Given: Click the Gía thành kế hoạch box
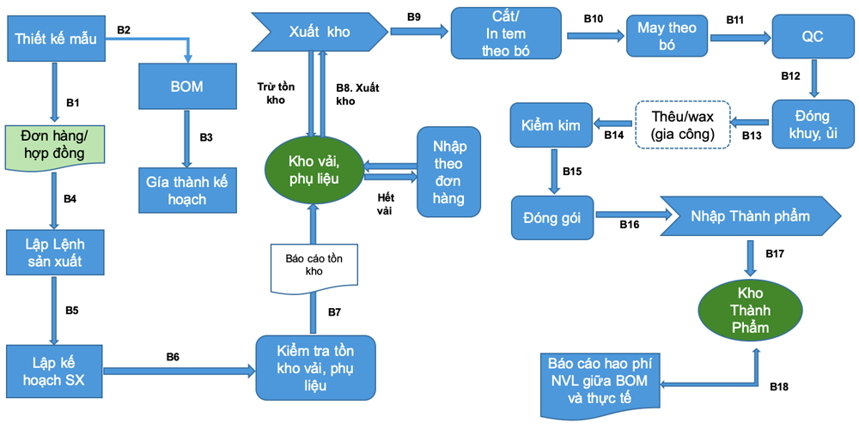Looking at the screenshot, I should [x=186, y=188].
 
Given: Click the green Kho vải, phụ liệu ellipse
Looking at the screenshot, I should [x=314, y=170].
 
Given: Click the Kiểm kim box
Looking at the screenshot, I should [x=551, y=124].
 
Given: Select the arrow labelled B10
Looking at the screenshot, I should [x=594, y=35].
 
